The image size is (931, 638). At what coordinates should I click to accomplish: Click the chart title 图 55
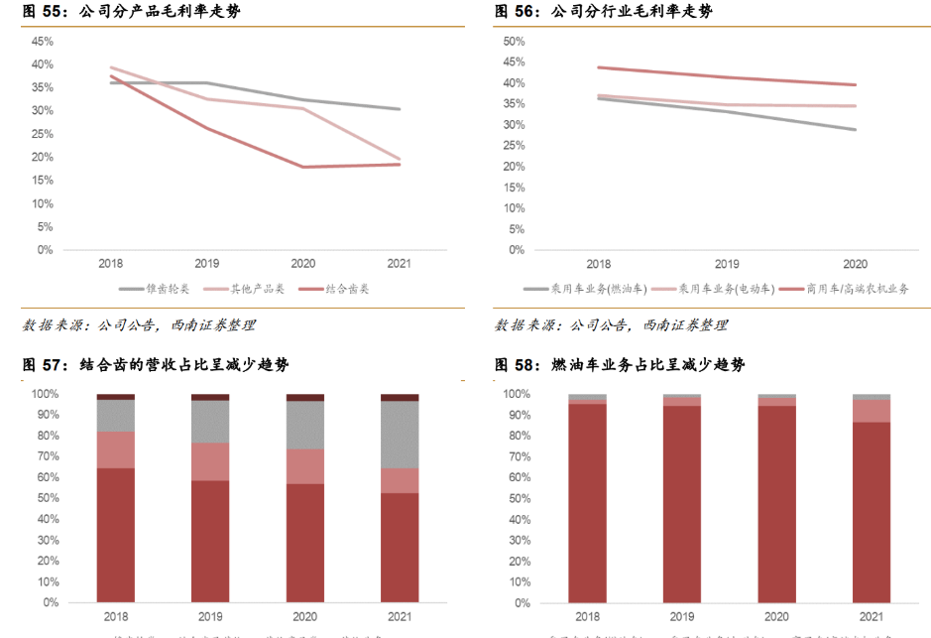(x=131, y=12)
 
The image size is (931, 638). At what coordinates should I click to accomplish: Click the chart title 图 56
(x=603, y=12)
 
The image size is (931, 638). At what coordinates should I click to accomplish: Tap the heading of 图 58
(x=620, y=365)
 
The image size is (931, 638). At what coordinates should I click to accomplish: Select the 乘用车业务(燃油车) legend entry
(x=585, y=289)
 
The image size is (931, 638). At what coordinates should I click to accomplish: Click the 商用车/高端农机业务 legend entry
(x=844, y=289)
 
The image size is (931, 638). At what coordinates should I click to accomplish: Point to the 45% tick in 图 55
(x=43, y=42)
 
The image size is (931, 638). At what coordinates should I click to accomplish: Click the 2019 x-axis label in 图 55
(x=206, y=265)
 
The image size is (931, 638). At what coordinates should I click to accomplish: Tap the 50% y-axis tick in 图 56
(x=514, y=42)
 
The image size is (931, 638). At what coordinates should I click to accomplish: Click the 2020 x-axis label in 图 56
(x=855, y=265)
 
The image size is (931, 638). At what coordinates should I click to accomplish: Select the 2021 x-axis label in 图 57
(x=400, y=616)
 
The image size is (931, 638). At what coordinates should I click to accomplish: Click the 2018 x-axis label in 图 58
(x=587, y=616)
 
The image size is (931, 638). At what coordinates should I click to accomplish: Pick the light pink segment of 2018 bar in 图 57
(x=116, y=449)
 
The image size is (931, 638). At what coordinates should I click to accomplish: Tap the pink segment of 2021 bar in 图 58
(x=872, y=411)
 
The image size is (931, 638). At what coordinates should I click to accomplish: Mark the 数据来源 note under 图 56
(x=611, y=325)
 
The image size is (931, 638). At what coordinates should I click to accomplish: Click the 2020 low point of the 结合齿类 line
(x=302, y=167)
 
